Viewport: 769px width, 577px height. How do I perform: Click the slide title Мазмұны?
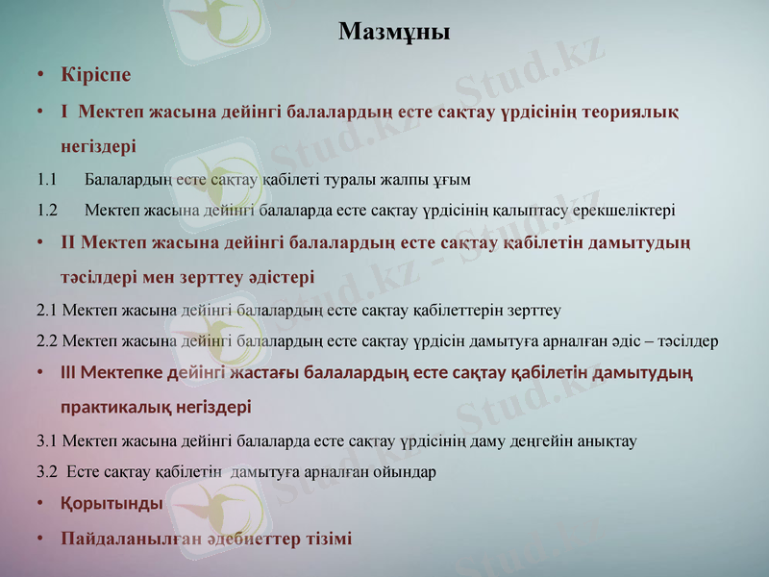394,32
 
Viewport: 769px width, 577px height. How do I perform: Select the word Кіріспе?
95,74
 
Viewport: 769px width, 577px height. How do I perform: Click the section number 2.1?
47,311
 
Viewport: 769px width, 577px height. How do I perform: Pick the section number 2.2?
47,341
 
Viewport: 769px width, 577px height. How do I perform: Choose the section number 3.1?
47,441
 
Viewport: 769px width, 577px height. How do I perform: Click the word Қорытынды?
112,503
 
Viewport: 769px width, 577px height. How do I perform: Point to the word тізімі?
324,539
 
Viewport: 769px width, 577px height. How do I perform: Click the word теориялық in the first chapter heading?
631,113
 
